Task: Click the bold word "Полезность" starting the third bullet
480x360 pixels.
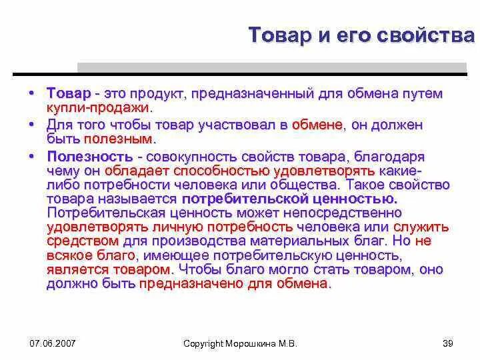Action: [88, 157]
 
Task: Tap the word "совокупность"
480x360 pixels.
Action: [181, 157]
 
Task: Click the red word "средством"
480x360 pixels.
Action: [83, 241]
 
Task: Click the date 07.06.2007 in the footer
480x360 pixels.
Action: [53, 343]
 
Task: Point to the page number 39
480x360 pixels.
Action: [447, 343]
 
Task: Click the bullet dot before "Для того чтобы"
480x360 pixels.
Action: [32, 125]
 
